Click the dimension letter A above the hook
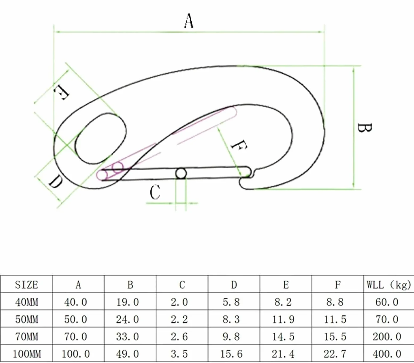188,21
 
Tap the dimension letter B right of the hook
364,128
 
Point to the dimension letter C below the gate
155,192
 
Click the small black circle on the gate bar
181,174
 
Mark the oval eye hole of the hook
101,138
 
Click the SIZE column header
26,285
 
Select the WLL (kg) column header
389,285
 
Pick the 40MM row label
27,302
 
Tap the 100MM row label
27,354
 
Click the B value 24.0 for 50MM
127,319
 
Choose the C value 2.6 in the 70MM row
179,337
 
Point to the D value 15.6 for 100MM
231,354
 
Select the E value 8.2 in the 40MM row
283,302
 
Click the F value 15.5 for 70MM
335,337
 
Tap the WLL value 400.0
387,354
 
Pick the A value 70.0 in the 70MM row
76,337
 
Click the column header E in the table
286,285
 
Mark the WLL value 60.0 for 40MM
387,302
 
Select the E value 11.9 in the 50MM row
283,319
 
